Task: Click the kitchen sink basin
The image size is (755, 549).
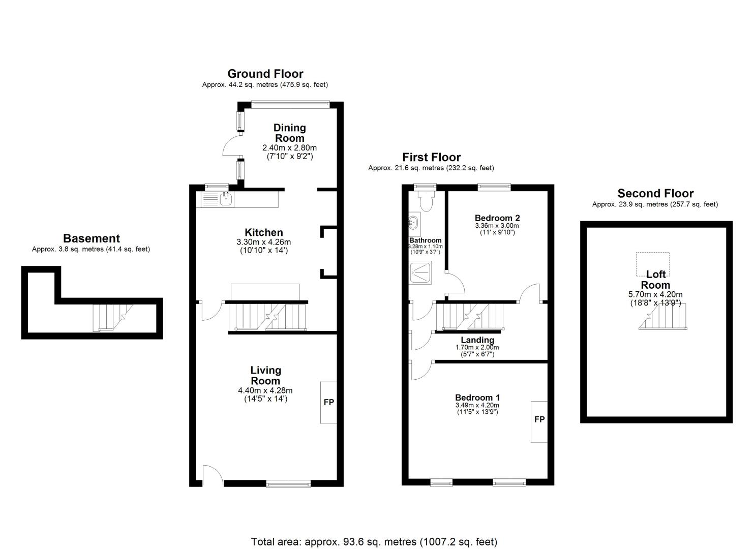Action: [226, 199]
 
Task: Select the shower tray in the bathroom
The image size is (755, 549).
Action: [420, 272]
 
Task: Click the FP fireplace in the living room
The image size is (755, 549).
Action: [328, 403]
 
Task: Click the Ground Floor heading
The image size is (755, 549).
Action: [265, 74]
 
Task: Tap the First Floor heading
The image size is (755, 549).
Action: [432, 157]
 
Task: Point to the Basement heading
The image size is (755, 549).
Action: [92, 238]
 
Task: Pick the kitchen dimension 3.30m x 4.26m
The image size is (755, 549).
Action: [263, 242]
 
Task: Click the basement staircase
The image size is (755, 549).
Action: [113, 318]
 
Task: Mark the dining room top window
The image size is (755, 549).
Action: [290, 105]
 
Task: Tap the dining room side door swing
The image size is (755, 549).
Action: [232, 145]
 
